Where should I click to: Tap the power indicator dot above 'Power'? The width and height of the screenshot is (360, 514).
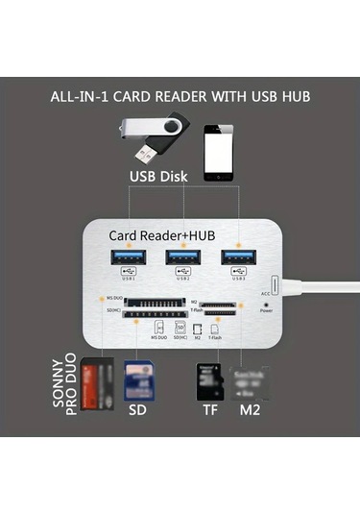(x=265, y=303)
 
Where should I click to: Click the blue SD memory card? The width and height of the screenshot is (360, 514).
(x=140, y=380)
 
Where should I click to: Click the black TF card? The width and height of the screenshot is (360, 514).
(x=207, y=381)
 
